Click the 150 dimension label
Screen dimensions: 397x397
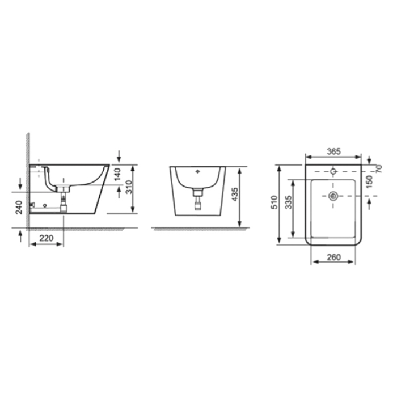[x=370, y=181]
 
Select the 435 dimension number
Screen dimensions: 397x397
[x=234, y=193]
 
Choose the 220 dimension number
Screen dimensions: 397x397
[x=47, y=238]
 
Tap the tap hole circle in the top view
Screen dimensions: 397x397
[x=333, y=170]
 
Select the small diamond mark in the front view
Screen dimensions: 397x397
[x=197, y=170]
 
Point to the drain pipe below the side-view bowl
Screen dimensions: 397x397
[x=62, y=201]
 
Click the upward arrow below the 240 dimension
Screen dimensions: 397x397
[x=21, y=235]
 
